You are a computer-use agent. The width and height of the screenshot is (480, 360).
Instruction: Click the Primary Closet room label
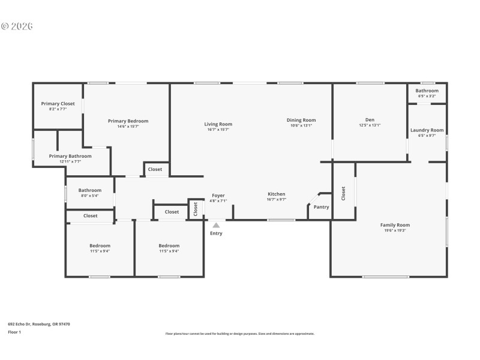click(x=58, y=104)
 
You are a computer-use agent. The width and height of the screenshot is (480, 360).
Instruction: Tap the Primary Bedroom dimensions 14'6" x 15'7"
click(x=128, y=127)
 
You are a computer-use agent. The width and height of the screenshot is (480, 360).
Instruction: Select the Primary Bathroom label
click(x=65, y=156)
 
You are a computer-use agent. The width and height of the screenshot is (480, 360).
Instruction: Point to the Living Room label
click(x=218, y=124)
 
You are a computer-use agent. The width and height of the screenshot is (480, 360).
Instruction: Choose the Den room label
click(x=370, y=119)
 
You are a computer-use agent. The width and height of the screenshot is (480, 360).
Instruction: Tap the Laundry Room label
click(x=427, y=130)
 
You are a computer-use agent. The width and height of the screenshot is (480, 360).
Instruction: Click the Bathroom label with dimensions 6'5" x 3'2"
click(x=427, y=91)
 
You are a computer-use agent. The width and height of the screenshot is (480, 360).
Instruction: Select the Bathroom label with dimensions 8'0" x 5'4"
click(x=90, y=190)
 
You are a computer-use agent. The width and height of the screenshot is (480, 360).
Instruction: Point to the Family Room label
click(x=395, y=225)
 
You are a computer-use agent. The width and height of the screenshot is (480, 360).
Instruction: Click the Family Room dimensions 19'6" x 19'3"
click(x=395, y=230)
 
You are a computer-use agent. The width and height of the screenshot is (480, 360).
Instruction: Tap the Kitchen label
click(x=276, y=194)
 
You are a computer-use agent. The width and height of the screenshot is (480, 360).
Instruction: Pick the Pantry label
click(x=322, y=207)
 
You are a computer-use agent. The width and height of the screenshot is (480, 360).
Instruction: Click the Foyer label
click(x=218, y=196)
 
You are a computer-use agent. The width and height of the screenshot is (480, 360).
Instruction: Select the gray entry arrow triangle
click(x=216, y=225)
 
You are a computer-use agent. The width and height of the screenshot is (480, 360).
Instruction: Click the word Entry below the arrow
click(x=216, y=233)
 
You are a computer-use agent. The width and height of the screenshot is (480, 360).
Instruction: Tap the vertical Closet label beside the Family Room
click(x=343, y=193)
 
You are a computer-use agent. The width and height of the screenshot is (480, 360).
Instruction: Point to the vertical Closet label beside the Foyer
click(x=196, y=208)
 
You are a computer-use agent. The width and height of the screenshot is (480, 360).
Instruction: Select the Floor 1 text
click(x=14, y=332)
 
